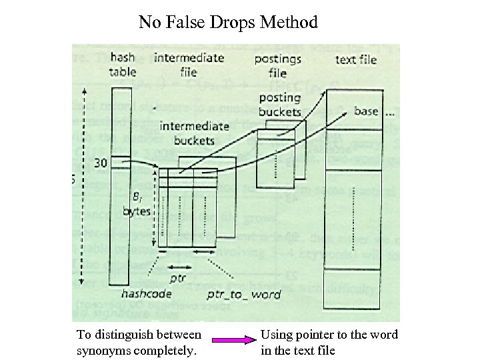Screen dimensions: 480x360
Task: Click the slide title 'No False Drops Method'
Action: [228, 23]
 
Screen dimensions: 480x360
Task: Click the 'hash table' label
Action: [123, 65]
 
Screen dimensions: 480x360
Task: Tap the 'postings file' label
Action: [277, 66]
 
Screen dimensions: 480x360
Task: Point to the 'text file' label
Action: [355, 59]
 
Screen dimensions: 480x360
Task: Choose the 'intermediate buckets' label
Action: [195, 133]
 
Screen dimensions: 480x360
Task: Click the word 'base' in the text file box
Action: [366, 111]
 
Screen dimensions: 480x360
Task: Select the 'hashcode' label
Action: [146, 293]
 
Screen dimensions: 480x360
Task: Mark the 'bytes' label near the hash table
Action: [137, 211]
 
